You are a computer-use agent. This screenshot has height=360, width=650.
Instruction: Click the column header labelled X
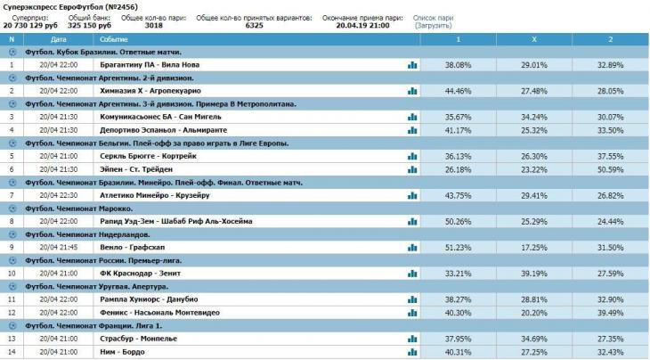[x=533, y=40]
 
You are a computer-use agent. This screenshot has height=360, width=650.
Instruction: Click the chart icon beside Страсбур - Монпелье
[x=412, y=338]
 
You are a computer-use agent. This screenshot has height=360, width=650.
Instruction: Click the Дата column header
[x=59, y=40]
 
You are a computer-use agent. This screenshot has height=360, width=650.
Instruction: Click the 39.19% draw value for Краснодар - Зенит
[x=533, y=273]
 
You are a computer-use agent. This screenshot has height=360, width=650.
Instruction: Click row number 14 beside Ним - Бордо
[x=11, y=351]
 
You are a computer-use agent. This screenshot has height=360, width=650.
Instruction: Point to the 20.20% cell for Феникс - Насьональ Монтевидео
[x=533, y=312]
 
